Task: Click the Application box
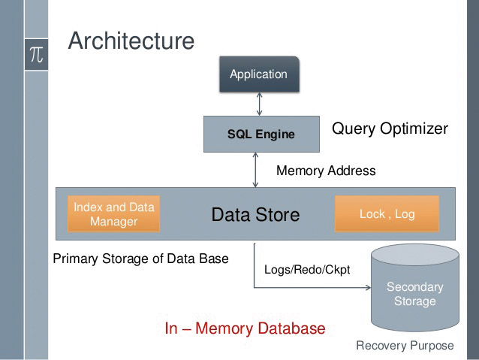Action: coord(259,74)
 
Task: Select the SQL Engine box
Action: coord(261,134)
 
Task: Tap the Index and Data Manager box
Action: coord(113,213)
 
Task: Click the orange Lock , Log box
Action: coord(387,213)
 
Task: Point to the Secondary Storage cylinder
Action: coord(415,288)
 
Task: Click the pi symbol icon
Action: coord(36,55)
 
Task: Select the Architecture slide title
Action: coord(131,41)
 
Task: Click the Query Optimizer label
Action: coord(390,129)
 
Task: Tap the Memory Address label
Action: coord(326,171)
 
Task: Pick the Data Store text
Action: coord(255,215)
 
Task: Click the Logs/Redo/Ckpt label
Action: coord(307,270)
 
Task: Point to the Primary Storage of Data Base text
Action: coord(140,259)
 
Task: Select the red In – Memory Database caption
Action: coord(245,328)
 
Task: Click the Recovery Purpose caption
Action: coord(405,346)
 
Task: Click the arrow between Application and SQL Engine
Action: coord(259,104)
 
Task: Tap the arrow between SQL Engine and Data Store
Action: coord(256,170)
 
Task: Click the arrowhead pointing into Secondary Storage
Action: coord(369,288)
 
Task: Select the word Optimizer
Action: coord(414,129)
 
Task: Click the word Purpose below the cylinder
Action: coord(432,346)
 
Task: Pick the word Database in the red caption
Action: coord(291,328)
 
